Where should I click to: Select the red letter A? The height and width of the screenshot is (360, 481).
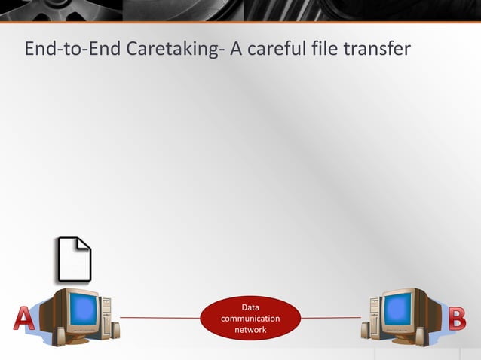tap(24, 318)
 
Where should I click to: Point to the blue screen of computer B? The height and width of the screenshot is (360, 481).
tap(398, 308)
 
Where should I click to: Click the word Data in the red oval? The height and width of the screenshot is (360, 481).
tap(250, 307)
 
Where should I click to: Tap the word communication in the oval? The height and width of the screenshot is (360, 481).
tap(250, 319)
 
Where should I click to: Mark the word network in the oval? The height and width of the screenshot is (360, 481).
tap(250, 330)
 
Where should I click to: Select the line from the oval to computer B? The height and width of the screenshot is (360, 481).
tap(332, 318)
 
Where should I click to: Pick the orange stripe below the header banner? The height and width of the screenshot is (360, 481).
tap(240, 22)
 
